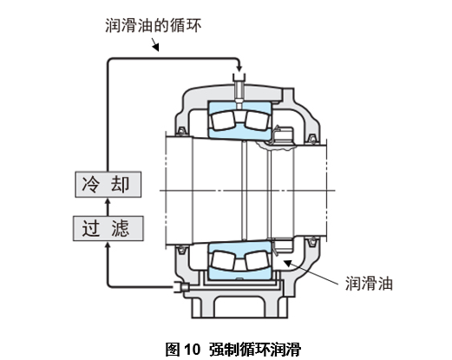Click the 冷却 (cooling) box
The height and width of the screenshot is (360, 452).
108,185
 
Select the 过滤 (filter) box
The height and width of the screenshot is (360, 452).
108,228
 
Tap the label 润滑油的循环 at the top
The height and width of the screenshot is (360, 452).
153,25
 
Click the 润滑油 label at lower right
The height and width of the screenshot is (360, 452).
369,284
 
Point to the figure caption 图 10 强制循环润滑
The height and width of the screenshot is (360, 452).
233,349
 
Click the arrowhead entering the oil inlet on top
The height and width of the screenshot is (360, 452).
239,69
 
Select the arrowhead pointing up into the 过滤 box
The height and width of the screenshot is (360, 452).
108,245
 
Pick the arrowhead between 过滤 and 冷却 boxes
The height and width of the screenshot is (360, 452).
108,202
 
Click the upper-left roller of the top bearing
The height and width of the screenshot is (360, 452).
223,121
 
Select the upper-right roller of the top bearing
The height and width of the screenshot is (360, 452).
257,121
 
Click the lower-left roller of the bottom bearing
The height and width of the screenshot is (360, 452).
223,260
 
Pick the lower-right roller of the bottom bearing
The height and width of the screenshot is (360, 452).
257,260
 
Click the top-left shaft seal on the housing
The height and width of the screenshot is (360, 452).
181,131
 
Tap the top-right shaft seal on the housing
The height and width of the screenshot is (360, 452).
312,139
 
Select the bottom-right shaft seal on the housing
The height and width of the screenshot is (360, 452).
312,242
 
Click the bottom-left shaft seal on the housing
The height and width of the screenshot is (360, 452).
181,249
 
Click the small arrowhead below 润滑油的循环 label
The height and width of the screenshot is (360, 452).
156,48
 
